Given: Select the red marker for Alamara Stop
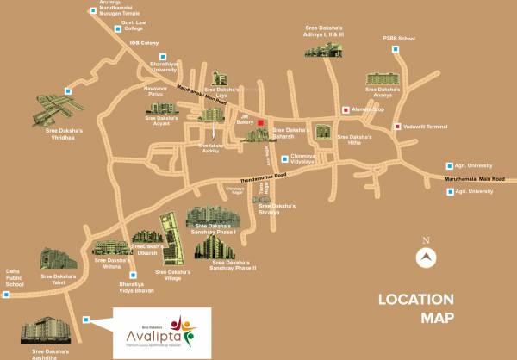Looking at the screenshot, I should pyautogui.click(x=346, y=109).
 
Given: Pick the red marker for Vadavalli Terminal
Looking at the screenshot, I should pyautogui.click(x=396, y=127).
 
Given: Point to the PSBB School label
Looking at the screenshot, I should pyautogui.click(x=399, y=38).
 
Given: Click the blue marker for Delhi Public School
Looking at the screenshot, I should pyautogui.click(x=6, y=295).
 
